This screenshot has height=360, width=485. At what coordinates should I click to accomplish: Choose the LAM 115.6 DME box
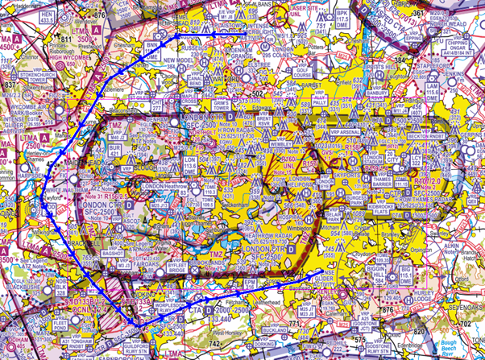(x=432, y=91)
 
